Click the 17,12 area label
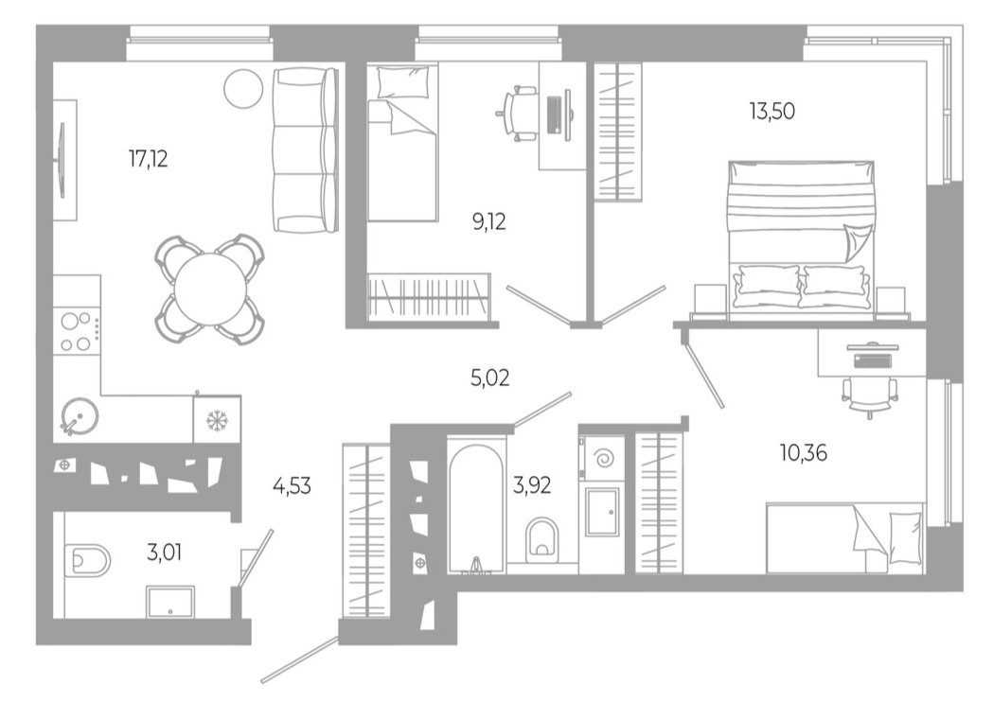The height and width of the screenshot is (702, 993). point(149,159)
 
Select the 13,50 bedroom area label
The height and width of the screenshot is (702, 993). point(771,111)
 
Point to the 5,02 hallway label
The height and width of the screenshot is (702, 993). point(489,378)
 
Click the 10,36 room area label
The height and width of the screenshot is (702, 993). point(804,453)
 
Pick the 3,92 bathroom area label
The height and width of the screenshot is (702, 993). point(532,487)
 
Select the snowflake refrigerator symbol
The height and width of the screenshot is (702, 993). point(216,419)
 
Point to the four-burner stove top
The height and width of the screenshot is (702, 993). point(77,331)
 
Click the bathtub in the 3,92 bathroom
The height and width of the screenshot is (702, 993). point(475,506)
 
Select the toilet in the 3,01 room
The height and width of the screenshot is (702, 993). point(88,561)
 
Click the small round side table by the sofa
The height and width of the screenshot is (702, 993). point(243,89)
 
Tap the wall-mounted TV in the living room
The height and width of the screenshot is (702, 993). point(62,161)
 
